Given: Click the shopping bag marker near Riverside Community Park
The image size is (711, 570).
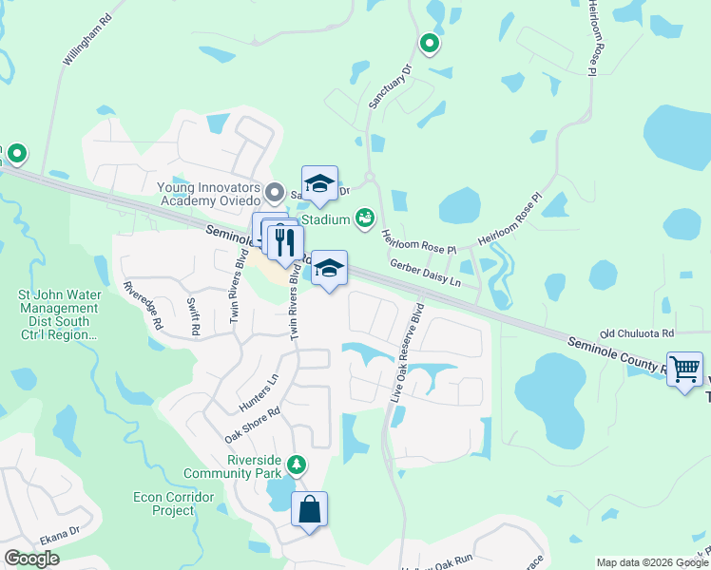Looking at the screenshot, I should pos(309,510).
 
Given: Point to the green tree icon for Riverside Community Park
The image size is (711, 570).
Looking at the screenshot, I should pos(298,464).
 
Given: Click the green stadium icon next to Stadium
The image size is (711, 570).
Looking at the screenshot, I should pos(364,219).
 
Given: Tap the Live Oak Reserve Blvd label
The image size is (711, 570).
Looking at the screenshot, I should pos(406,351).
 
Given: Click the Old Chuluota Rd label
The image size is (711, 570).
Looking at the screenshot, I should pos(636,333).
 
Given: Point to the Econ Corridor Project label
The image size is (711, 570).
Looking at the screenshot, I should pos(166,503).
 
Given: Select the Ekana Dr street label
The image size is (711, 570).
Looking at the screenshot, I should pos(60,537).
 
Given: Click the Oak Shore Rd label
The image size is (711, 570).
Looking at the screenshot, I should pos(252,426).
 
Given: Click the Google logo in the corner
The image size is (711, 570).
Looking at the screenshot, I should pos(31,559).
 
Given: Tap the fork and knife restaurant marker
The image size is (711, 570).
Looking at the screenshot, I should pos(284,243).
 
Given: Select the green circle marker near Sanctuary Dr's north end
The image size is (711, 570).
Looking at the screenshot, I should pos(430,43).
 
